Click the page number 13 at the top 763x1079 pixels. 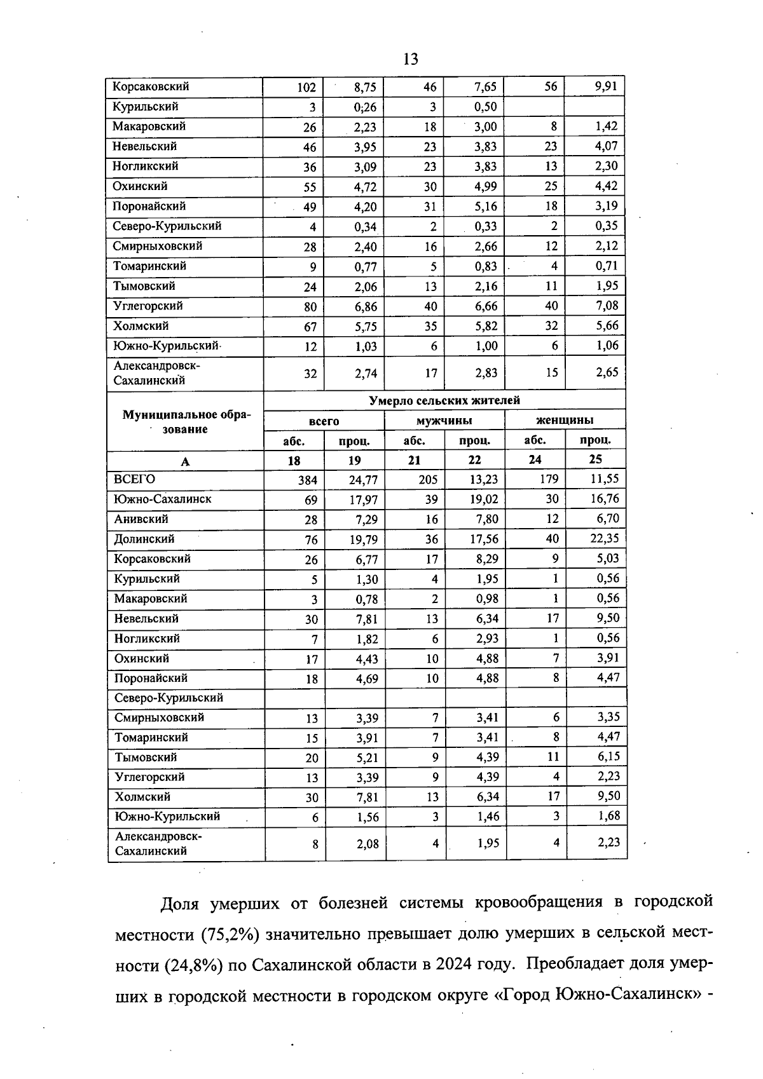[x=411, y=60]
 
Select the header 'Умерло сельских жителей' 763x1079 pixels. [x=444, y=400]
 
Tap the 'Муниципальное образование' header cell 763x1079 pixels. [x=186, y=422]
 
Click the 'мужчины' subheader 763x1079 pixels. [x=444, y=421]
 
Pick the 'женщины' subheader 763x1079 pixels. [x=565, y=420]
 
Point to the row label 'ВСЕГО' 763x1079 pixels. [x=134, y=479]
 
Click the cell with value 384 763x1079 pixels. [x=307, y=480]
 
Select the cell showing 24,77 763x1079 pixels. [x=363, y=480]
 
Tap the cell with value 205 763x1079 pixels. [x=428, y=480]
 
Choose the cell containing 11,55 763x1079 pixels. [x=604, y=478]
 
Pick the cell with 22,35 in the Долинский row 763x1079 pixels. [x=604, y=538]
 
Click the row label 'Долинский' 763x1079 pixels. [x=144, y=539]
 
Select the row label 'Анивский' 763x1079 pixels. [x=141, y=519]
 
